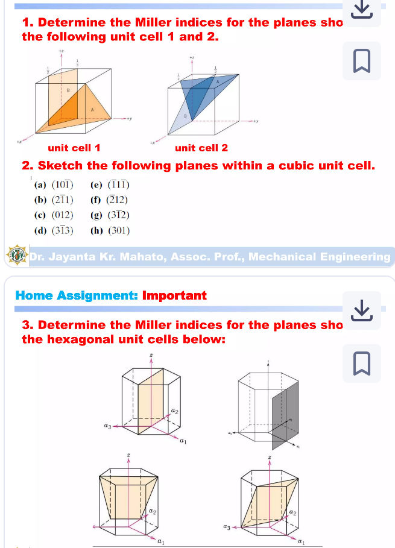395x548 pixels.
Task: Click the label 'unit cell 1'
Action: point(74,148)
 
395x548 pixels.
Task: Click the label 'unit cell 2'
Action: point(201,148)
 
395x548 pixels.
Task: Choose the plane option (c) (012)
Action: point(54,215)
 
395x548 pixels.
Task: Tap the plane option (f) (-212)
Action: point(109,200)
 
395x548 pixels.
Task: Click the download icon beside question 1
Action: point(361,8)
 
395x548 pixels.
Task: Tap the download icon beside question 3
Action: point(361,310)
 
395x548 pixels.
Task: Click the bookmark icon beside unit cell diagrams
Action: point(361,61)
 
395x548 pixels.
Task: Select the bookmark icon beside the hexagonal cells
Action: point(361,364)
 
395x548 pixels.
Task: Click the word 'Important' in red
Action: point(174,295)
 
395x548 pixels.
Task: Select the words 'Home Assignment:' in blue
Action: point(77,295)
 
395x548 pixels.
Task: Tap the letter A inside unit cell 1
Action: point(92,110)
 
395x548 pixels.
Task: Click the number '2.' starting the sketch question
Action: point(28,166)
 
